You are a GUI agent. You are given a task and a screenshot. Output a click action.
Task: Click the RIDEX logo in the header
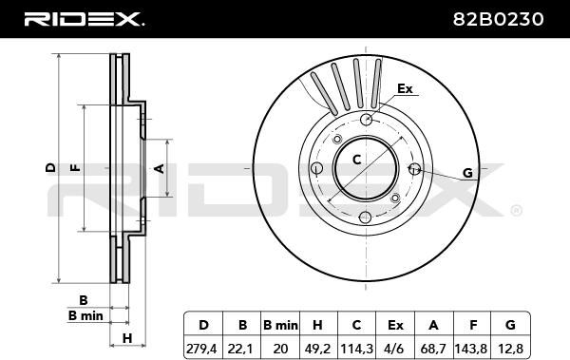click(x=84, y=19)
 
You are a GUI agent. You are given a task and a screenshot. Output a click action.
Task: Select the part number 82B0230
click(x=498, y=19)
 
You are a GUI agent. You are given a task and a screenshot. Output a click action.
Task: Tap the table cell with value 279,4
click(x=203, y=349)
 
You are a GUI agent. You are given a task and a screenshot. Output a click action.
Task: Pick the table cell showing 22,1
click(x=241, y=349)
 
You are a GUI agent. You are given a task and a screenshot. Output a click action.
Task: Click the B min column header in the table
click(x=280, y=324)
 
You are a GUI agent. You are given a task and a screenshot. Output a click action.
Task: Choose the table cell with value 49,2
click(x=318, y=349)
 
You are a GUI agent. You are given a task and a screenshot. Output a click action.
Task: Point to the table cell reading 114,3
click(x=356, y=349)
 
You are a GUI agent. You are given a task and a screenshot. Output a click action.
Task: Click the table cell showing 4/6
click(x=395, y=349)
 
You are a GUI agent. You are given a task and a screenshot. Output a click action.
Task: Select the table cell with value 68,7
click(x=433, y=349)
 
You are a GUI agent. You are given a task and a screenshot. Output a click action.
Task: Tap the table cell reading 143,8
click(x=471, y=349)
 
